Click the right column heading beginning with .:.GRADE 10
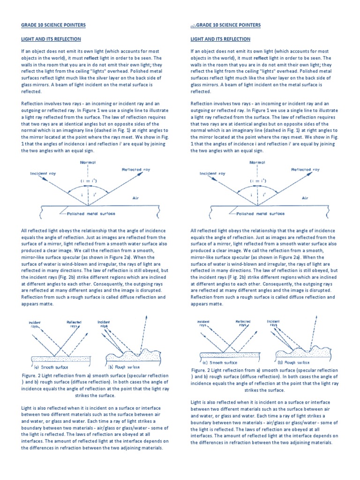(x=225, y=25)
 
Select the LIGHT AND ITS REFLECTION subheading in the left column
(x=51, y=39)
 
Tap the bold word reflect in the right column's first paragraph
(x=262, y=58)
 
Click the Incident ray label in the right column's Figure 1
(x=212, y=173)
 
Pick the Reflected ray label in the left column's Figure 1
(x=136, y=169)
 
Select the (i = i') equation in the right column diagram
(x=257, y=180)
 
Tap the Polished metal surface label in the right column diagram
(x=261, y=213)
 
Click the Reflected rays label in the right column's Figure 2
(x=243, y=323)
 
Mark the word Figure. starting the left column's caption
(x=31, y=376)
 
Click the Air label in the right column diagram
(x=305, y=198)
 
